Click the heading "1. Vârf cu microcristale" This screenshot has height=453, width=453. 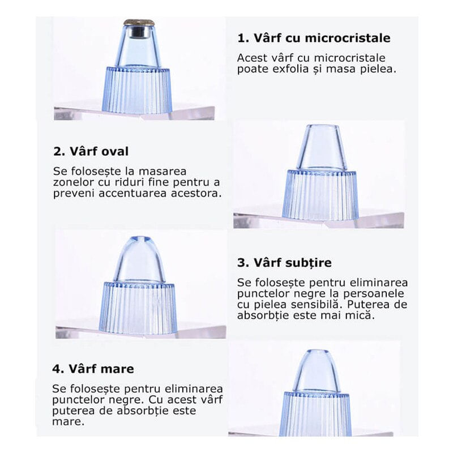point(314,38)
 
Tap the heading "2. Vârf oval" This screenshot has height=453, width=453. point(91,151)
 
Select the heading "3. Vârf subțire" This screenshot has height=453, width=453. point(285,263)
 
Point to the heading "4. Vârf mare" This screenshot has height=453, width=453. point(93,369)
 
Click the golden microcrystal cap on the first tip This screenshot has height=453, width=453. point(139,22)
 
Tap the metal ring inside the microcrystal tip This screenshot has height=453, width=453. point(139,32)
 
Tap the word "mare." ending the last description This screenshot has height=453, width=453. point(68,421)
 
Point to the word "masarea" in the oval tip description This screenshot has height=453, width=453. point(163,172)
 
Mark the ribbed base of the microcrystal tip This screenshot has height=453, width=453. point(137,90)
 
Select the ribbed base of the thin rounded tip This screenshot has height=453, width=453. point(137,308)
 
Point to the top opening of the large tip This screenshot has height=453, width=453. point(317,352)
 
